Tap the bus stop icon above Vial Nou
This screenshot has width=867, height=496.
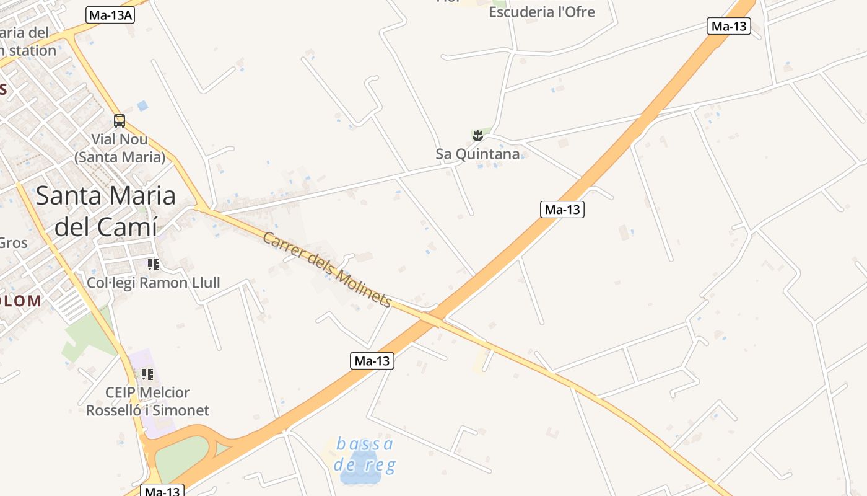coord(120,121)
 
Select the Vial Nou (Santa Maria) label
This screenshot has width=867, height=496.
coord(120,148)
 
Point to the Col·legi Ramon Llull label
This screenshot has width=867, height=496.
coord(154,283)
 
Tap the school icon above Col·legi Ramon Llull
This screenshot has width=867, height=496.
coord(153,265)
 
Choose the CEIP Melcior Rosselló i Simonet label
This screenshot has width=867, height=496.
coord(147,401)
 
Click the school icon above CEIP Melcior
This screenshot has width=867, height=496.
coord(147,374)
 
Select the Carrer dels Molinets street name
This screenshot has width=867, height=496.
coord(327,269)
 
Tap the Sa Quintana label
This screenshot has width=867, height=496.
coord(477,154)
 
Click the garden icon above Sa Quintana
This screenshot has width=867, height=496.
coord(477,135)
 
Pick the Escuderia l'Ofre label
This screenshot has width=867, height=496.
coord(541,12)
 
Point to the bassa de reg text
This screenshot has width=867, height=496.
coord(365,454)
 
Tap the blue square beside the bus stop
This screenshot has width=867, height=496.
coord(142,106)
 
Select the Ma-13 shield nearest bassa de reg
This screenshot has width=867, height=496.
coord(372,361)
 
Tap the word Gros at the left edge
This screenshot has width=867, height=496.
coord(13,242)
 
